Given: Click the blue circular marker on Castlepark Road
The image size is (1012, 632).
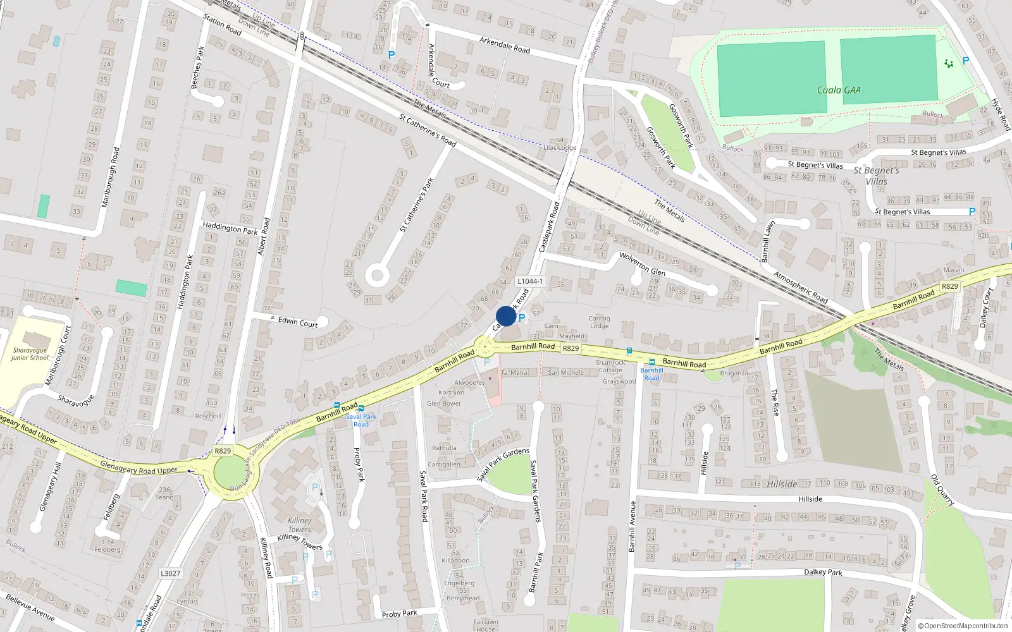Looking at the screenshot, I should [506, 316].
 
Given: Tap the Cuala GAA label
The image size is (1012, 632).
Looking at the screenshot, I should [839, 90].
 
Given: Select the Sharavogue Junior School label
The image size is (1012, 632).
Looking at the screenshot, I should [30, 354].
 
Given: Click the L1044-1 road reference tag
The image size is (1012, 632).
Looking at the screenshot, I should [529, 281].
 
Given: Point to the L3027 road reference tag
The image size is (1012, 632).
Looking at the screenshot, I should [170, 573].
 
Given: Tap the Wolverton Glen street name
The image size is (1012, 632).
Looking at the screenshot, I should [642, 264].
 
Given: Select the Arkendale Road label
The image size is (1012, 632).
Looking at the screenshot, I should [505, 45].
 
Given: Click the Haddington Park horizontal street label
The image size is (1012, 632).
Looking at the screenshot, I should [230, 228].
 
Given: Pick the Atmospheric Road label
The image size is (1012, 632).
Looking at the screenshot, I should [801, 287].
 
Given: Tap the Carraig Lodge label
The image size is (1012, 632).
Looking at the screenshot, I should [599, 322].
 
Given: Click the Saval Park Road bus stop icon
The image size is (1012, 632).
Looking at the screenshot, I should [361, 408].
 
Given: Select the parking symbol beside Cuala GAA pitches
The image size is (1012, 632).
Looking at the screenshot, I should [965, 61].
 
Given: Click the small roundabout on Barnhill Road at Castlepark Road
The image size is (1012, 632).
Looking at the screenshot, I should [485, 346].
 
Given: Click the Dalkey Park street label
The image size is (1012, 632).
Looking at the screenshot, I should [823, 572].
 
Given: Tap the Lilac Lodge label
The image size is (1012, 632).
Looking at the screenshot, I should [560, 147].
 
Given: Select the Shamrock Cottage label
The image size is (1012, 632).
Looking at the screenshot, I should [610, 367].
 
